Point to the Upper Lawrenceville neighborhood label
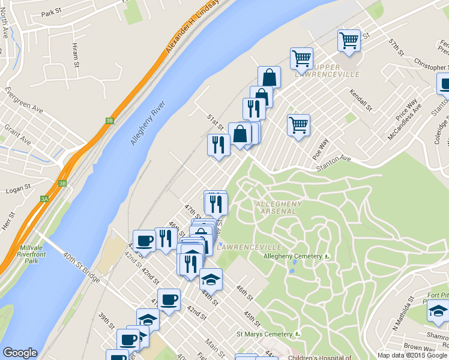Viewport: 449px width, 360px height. (327, 70)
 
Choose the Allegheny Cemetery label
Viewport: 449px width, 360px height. (294, 257)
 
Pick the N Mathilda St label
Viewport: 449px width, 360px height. (403, 312)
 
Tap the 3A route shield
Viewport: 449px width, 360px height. (44, 199)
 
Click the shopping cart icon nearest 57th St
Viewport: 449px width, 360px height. (348, 41)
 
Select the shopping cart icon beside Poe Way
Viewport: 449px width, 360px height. (298, 125)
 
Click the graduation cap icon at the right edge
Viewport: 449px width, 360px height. (438, 311)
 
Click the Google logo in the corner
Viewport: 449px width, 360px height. (20, 353)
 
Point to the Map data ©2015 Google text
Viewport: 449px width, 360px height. (412, 355)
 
